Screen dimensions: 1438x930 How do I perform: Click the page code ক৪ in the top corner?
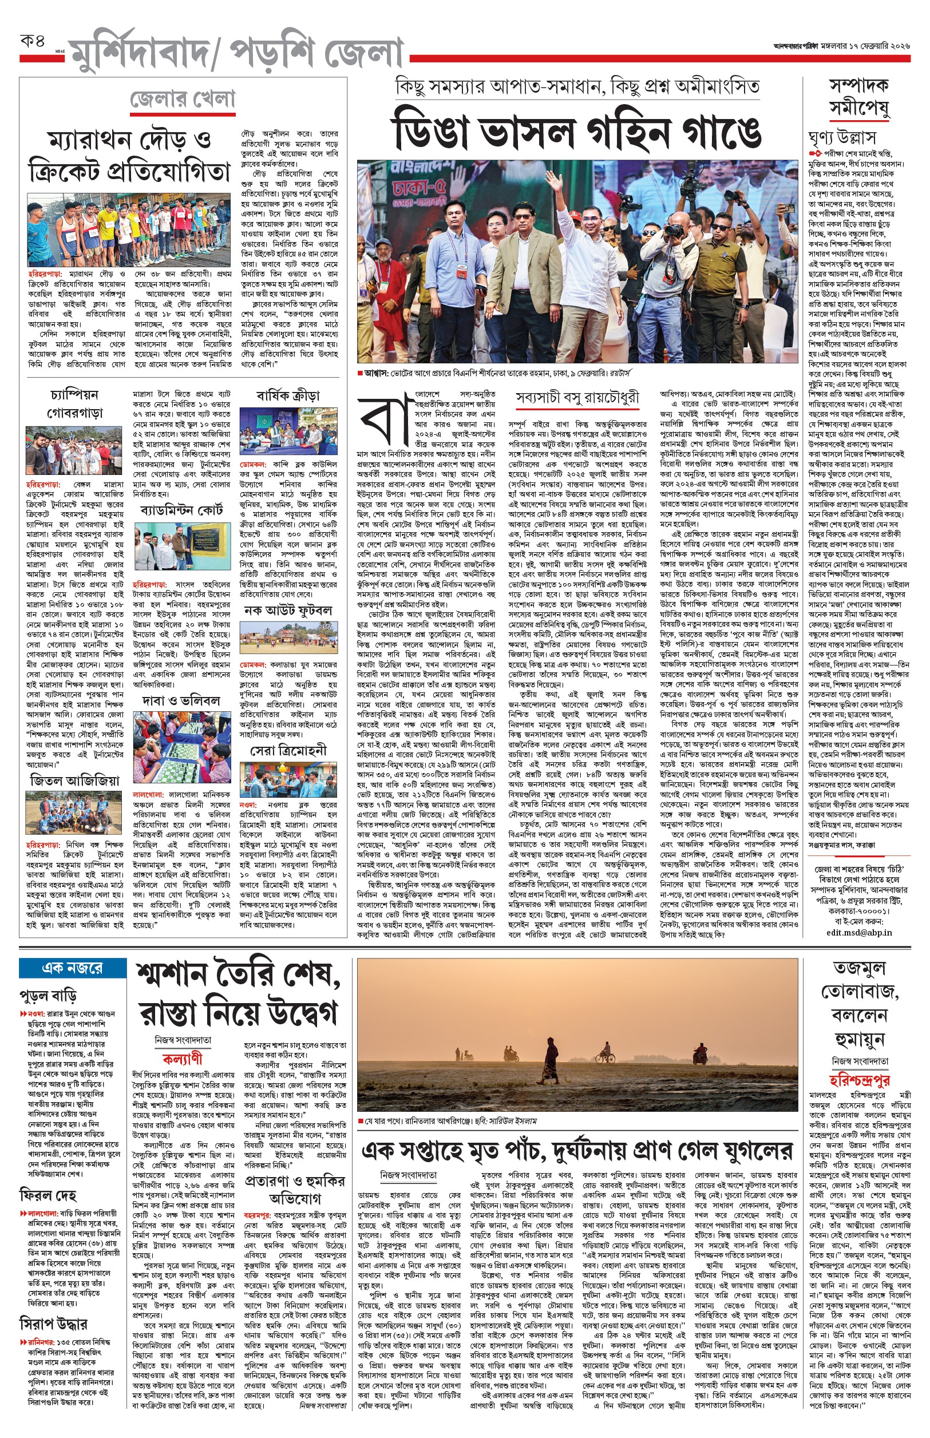(33, 43)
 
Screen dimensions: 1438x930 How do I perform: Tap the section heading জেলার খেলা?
(183, 100)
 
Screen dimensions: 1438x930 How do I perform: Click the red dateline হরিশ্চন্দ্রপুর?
(858, 1079)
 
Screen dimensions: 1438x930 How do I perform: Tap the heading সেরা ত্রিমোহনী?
(288, 750)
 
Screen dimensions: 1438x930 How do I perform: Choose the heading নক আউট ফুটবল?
(288, 611)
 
